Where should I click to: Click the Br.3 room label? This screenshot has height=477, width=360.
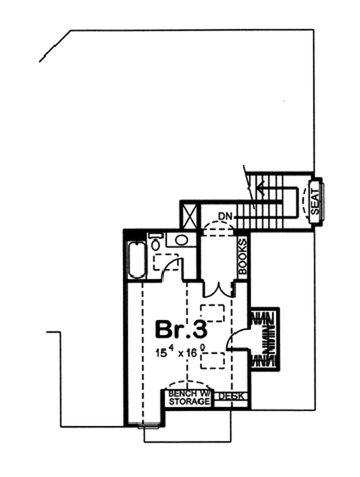181,329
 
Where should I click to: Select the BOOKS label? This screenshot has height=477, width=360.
242,256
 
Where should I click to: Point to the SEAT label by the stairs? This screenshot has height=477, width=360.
315,202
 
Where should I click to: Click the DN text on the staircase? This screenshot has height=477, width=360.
225,216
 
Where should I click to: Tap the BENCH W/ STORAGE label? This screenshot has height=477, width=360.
189,397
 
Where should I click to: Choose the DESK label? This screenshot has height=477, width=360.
231,396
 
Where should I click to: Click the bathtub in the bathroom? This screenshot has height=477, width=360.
137,260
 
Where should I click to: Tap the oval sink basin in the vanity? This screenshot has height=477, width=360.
181,240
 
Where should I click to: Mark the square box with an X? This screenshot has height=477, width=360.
189,217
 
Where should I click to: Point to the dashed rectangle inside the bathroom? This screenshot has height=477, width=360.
165,262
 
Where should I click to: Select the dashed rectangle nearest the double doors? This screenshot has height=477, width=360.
213,313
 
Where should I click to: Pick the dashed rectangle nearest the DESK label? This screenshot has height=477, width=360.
213,361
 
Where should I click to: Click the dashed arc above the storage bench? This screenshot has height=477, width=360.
188,384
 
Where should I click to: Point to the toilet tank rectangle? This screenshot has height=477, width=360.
156,236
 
